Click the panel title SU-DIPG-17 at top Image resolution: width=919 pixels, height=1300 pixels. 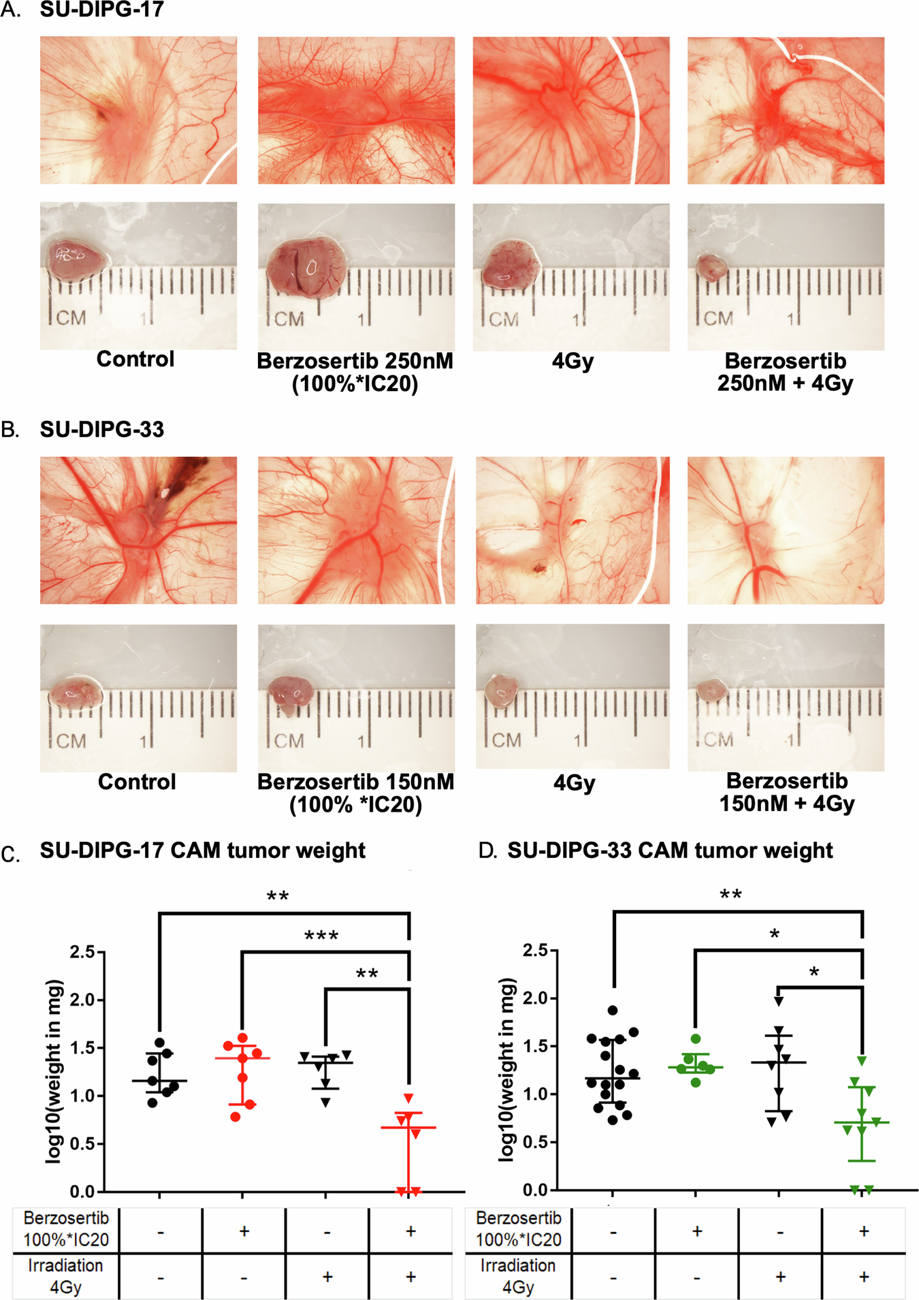[x=101, y=10]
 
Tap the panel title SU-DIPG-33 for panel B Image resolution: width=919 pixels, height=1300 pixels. [x=101, y=429]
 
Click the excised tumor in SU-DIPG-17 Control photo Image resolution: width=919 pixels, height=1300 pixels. [x=74, y=259]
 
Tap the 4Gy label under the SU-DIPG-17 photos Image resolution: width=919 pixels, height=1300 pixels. [x=573, y=360]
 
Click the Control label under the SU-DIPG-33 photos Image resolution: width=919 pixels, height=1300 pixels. [x=137, y=781]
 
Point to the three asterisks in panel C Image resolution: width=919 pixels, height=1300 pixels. [x=321, y=936]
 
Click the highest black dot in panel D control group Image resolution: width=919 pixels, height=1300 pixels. [x=613, y=1011]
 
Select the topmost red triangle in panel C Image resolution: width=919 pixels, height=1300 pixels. [x=408, y=1098]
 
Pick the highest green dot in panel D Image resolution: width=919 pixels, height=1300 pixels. [x=695, y=1039]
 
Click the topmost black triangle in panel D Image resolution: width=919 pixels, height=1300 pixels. [x=779, y=1000]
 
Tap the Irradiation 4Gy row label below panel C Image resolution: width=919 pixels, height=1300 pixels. [x=65, y=1276]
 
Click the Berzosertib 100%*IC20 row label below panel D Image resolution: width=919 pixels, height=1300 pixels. [x=518, y=1228]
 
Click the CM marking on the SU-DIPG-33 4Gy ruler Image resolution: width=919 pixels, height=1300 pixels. [x=506, y=740]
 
